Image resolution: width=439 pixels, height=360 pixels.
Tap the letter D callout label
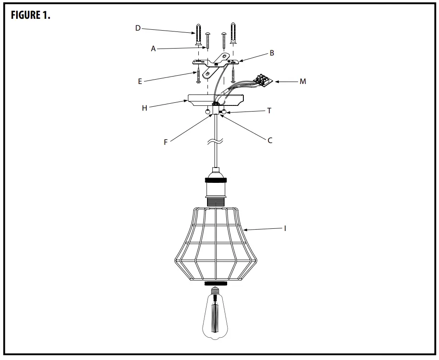pyautogui.click(x=138, y=28)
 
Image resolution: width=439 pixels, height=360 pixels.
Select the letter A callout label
pyautogui.click(x=153, y=49)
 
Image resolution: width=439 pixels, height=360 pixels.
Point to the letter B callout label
pyautogui.click(x=272, y=53)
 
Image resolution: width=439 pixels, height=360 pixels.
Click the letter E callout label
pyautogui.click(x=140, y=81)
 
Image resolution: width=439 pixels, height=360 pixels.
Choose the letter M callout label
pyautogui.click(x=303, y=81)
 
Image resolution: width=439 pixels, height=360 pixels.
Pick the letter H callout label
pyautogui.click(x=144, y=108)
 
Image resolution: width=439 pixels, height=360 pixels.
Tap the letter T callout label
pyautogui.click(x=269, y=111)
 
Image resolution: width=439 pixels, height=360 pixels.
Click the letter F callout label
pyautogui.click(x=165, y=142)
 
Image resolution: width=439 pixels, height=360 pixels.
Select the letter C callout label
pyautogui.click(x=270, y=140)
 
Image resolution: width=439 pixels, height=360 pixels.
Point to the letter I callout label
pyautogui.click(x=285, y=228)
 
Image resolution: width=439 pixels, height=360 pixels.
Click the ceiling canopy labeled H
pyautogui.click(x=215, y=99)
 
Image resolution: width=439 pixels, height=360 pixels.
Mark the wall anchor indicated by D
pyautogui.click(x=199, y=35)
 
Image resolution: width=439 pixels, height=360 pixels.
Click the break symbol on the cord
pyautogui.click(x=216, y=141)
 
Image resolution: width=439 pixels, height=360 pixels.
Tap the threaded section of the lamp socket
pyautogui.click(x=215, y=201)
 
